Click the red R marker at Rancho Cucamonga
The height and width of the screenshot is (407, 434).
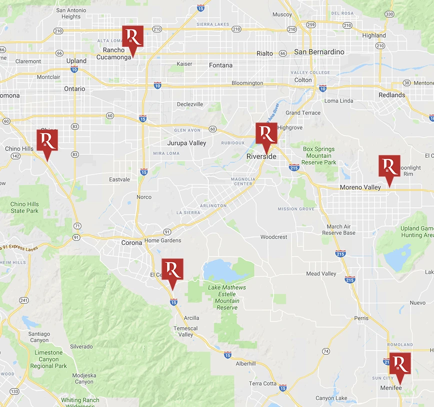(132, 37)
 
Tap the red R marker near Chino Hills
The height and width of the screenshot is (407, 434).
(47, 140)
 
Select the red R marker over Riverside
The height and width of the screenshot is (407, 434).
(266, 134)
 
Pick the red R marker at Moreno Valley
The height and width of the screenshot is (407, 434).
(389, 167)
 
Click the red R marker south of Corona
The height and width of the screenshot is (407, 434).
(172, 270)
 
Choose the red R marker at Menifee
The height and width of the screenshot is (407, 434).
(400, 364)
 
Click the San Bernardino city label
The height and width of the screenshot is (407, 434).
(319, 52)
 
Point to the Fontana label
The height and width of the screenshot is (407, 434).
(220, 65)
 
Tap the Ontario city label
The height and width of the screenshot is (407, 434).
(74, 89)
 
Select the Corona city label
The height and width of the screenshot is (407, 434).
(132, 243)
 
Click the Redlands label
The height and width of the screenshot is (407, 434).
(392, 95)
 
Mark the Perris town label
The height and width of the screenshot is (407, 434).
(361, 318)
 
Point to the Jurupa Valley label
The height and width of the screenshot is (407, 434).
(186, 143)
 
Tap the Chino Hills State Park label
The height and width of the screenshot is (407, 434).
(24, 207)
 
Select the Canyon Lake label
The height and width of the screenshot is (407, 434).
(331, 398)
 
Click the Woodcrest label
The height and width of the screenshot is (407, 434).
(274, 237)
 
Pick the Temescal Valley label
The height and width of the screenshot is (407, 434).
(185, 331)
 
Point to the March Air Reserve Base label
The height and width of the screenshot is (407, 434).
(338, 229)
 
